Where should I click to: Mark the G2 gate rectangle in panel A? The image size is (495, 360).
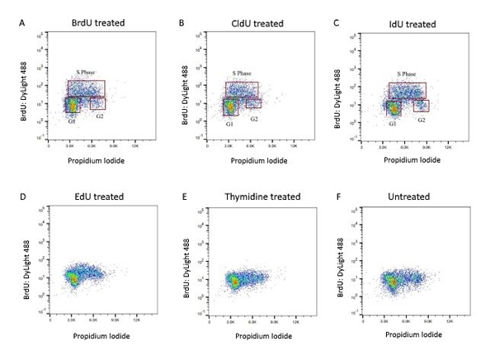click(x=97, y=103)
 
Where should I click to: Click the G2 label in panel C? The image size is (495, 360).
click(x=422, y=121)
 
